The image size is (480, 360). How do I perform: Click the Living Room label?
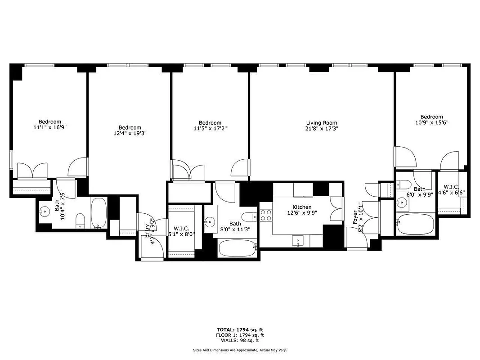click(x=321, y=123)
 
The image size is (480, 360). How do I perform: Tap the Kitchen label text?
click(x=301, y=207)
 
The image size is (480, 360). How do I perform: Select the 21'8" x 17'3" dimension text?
click(x=321, y=129)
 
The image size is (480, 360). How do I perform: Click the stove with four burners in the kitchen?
click(x=266, y=216)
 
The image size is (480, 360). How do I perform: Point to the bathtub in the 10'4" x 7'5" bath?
click(x=99, y=213)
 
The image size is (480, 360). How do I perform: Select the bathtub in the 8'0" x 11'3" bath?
click(x=237, y=248)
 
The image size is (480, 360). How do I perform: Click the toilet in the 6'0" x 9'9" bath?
click(x=403, y=184)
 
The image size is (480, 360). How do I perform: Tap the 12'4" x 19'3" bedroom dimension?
click(x=130, y=133)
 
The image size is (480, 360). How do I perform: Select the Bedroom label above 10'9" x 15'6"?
click(x=431, y=117)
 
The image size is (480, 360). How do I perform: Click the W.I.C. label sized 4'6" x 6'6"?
click(x=451, y=187)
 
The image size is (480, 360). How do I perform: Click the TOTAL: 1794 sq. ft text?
click(x=240, y=329)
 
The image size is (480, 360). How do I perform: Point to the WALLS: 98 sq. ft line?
click(x=240, y=341)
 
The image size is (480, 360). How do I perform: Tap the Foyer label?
click(x=355, y=217)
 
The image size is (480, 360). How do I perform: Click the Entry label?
click(x=147, y=228)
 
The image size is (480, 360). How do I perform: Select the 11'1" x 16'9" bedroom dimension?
click(x=49, y=127)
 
